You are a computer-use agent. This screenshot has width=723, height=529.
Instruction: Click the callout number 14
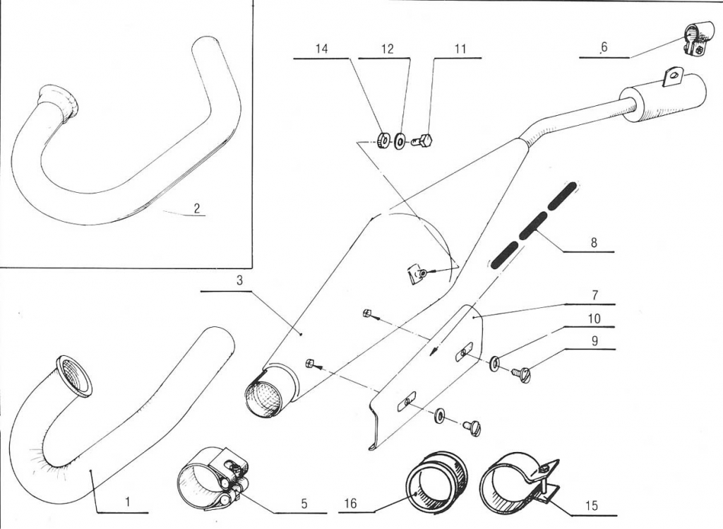point(322,49)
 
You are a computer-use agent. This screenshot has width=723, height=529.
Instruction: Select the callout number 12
point(387,49)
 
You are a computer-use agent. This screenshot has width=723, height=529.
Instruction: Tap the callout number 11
point(460,49)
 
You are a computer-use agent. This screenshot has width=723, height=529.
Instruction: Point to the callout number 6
point(604,47)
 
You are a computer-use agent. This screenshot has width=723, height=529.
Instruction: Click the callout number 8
point(594,242)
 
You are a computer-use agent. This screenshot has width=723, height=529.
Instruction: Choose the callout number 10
point(594,318)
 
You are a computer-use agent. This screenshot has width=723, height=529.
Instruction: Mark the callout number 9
point(594,340)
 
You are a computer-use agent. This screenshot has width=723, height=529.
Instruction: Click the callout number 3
point(239,280)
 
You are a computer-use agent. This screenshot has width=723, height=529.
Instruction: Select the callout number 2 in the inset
point(197,208)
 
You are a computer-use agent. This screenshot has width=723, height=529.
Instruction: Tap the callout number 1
point(127,502)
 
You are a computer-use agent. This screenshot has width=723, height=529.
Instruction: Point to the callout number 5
point(304,504)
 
